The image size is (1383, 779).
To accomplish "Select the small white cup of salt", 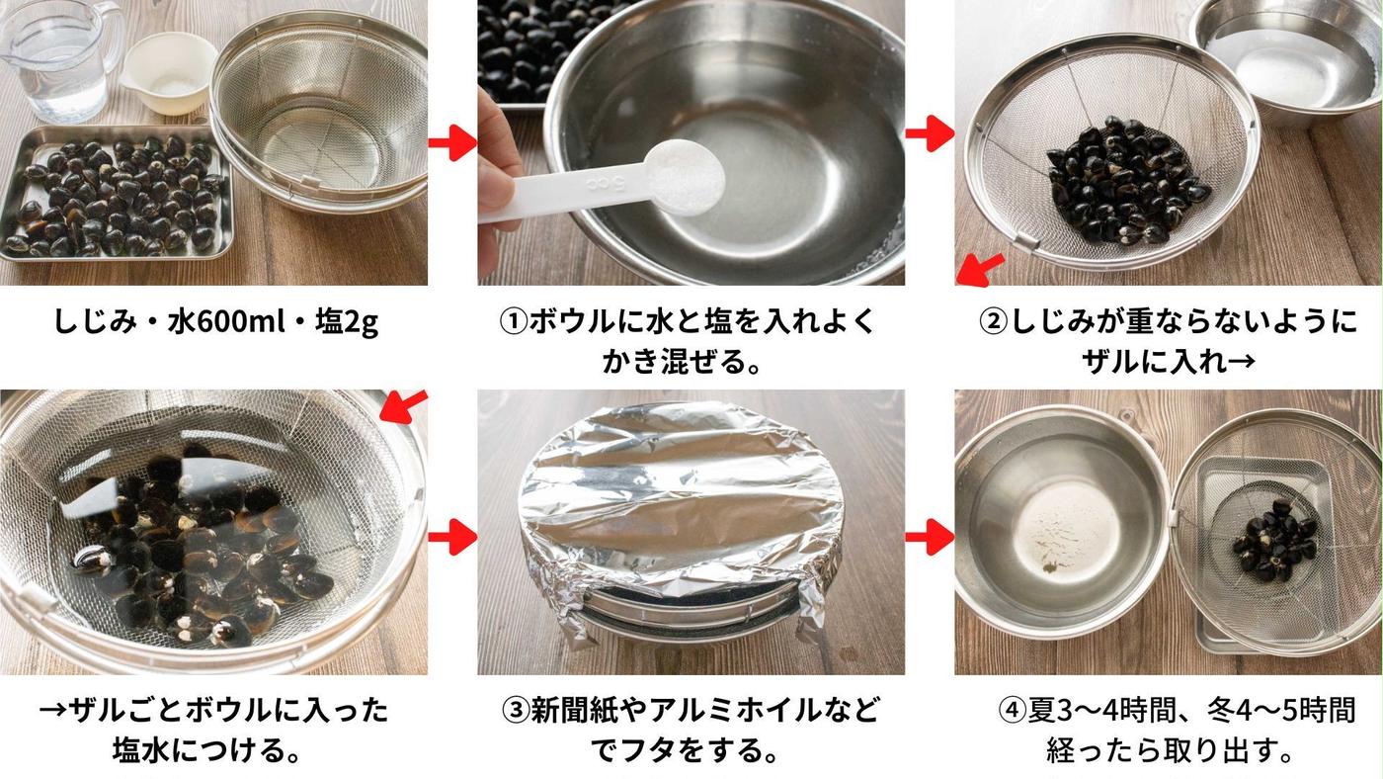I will [170, 74].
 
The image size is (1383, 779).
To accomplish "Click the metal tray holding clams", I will [114, 193].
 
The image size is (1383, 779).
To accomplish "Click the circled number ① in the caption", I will [515, 322].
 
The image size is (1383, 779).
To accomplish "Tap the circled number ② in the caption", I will [993, 322].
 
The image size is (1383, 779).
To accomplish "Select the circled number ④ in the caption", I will [1013, 710].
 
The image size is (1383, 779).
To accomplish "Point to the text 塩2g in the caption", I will [345, 322].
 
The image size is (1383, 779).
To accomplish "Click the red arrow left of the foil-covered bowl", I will [451, 539].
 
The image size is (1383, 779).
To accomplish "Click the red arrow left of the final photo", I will [930, 539].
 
